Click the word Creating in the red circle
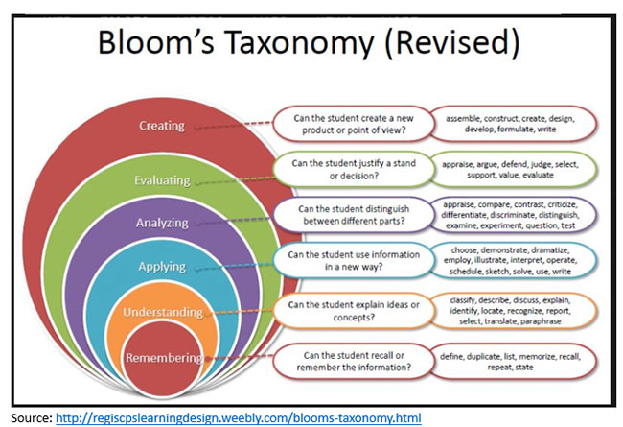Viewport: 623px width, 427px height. [162, 125]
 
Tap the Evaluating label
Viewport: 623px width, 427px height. [162, 179]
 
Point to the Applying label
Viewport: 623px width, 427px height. [162, 266]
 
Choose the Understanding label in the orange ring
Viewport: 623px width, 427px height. [162, 313]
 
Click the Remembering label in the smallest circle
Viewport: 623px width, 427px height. [162, 358]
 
